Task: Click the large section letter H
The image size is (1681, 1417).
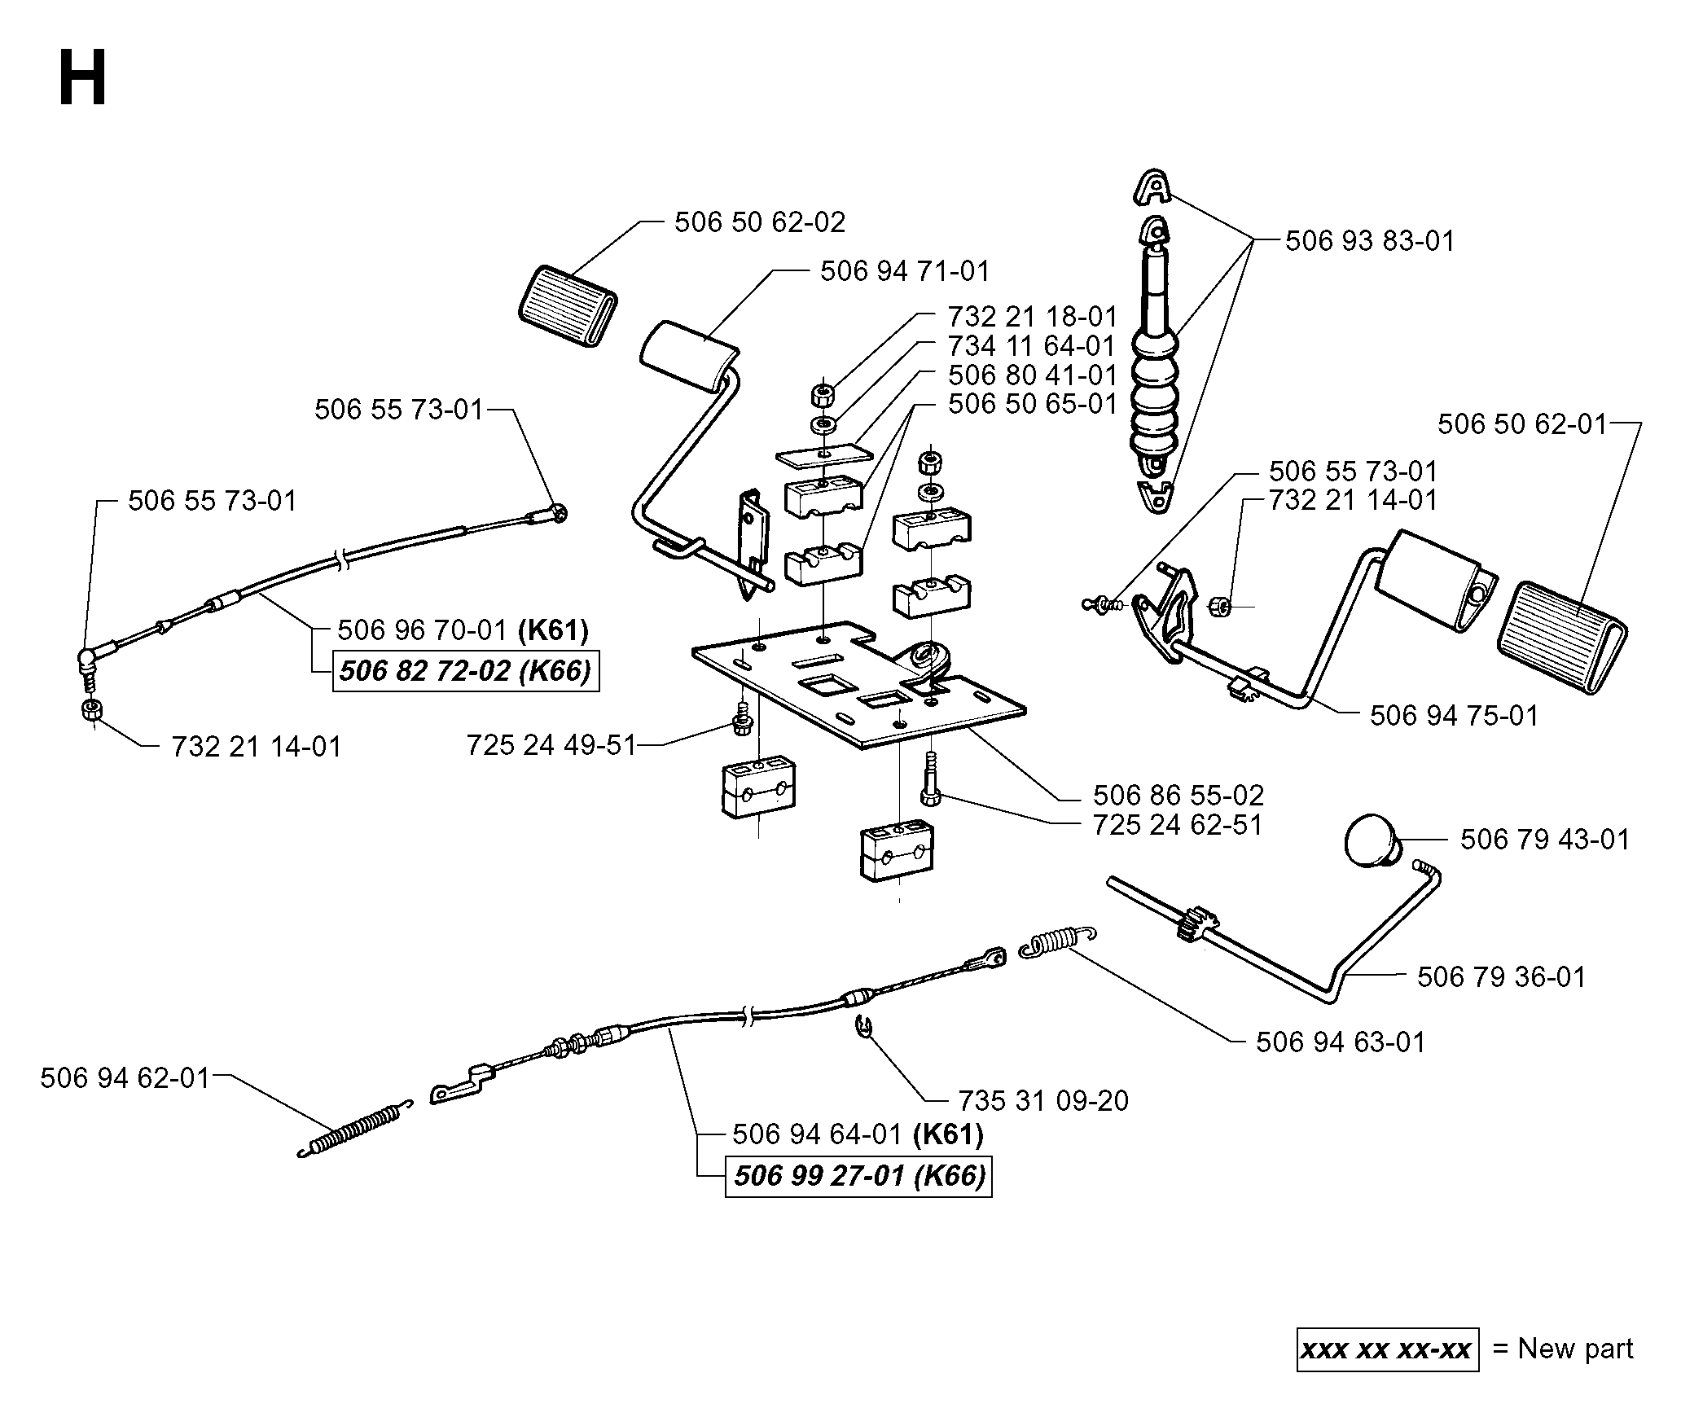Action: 82,78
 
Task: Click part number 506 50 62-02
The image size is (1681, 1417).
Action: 760,222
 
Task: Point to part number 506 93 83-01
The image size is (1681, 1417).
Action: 1370,241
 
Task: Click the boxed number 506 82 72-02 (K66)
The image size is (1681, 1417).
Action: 466,671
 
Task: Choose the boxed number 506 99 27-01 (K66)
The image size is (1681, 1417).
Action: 859,1177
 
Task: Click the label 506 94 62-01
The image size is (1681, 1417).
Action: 125,1078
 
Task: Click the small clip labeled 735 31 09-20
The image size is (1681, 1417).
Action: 864,1027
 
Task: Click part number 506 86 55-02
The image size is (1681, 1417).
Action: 1178,795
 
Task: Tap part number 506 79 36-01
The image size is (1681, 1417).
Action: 1502,976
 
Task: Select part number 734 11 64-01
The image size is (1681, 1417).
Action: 1032,346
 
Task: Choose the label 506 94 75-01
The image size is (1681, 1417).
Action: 1455,716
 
